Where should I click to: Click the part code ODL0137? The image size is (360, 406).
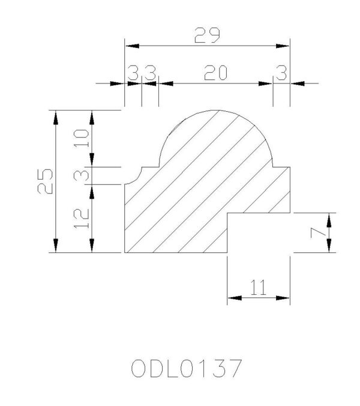pos(186,369)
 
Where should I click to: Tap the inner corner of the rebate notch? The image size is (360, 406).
pos(227,213)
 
